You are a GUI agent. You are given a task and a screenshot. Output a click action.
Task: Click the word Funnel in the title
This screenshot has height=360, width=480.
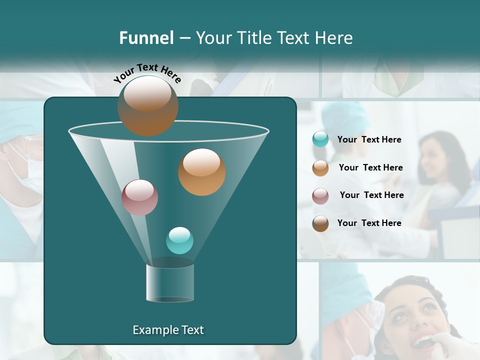[146, 38]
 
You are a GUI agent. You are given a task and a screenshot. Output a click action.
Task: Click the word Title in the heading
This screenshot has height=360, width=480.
[254, 38]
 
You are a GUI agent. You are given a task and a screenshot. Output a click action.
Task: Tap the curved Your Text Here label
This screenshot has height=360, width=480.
[147, 73]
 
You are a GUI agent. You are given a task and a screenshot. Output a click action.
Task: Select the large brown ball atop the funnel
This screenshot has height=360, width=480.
[148, 105]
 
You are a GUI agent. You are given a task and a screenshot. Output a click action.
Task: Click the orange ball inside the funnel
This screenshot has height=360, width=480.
[201, 172]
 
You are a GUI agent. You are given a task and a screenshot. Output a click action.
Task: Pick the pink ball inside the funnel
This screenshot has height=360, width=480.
[139, 197]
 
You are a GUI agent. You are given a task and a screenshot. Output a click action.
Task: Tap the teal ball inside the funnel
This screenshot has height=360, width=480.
[179, 240]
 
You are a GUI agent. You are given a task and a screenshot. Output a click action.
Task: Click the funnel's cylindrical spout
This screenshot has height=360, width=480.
[170, 283]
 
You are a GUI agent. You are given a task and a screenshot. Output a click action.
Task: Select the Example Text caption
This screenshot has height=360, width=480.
[168, 330]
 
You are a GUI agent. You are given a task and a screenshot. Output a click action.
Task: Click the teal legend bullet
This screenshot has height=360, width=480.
[320, 139]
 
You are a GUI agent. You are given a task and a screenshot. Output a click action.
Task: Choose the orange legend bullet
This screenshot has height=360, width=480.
[320, 168]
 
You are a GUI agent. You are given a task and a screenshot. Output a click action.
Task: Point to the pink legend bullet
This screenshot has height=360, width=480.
[320, 196]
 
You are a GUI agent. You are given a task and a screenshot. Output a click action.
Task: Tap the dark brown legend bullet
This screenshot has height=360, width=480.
[320, 223]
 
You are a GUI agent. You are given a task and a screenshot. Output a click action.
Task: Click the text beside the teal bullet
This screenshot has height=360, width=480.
[369, 139]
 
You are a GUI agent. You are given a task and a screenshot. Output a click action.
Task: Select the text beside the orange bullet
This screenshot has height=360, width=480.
[370, 167]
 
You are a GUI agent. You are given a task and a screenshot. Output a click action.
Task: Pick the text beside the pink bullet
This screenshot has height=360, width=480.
[371, 195]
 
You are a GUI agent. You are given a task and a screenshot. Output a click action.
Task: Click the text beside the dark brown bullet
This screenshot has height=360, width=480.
[369, 223]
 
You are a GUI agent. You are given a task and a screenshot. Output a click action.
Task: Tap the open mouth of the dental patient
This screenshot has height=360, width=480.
[422, 342]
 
